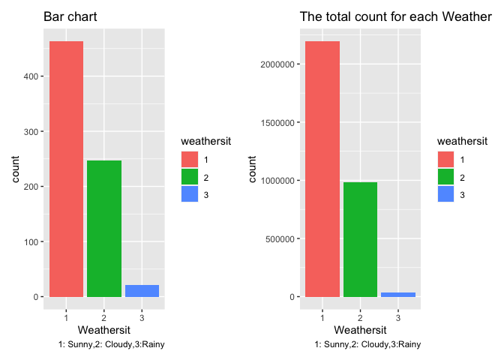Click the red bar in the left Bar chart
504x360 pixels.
(x=67, y=169)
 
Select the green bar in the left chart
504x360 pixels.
(x=104, y=229)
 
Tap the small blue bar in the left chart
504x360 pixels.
(x=142, y=291)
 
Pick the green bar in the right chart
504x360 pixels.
(x=361, y=239)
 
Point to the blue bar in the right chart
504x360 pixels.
(x=398, y=295)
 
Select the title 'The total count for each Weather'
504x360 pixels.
(x=400, y=16)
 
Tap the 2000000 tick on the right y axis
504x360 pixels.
(x=278, y=64)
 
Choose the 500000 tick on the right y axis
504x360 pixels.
(x=280, y=239)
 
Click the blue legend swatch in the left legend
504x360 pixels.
(x=190, y=195)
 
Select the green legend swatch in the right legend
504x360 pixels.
(x=446, y=177)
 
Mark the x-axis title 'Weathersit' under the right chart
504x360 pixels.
(x=360, y=329)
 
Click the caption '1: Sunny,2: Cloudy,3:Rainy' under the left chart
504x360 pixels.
(x=112, y=345)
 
